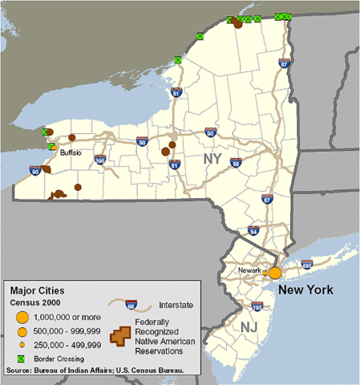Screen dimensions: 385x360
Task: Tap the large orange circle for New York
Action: pyautogui.click(x=275, y=273)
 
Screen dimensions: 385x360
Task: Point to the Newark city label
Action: pyautogui.click(x=251, y=270)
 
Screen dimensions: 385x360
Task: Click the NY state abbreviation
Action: pyautogui.click(x=212, y=159)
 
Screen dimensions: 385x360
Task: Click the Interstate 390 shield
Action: pyautogui.click(x=100, y=160)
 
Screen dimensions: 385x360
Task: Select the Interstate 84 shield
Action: pyautogui.click(x=253, y=231)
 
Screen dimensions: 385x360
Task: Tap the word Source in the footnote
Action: pyautogui.click(x=18, y=371)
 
